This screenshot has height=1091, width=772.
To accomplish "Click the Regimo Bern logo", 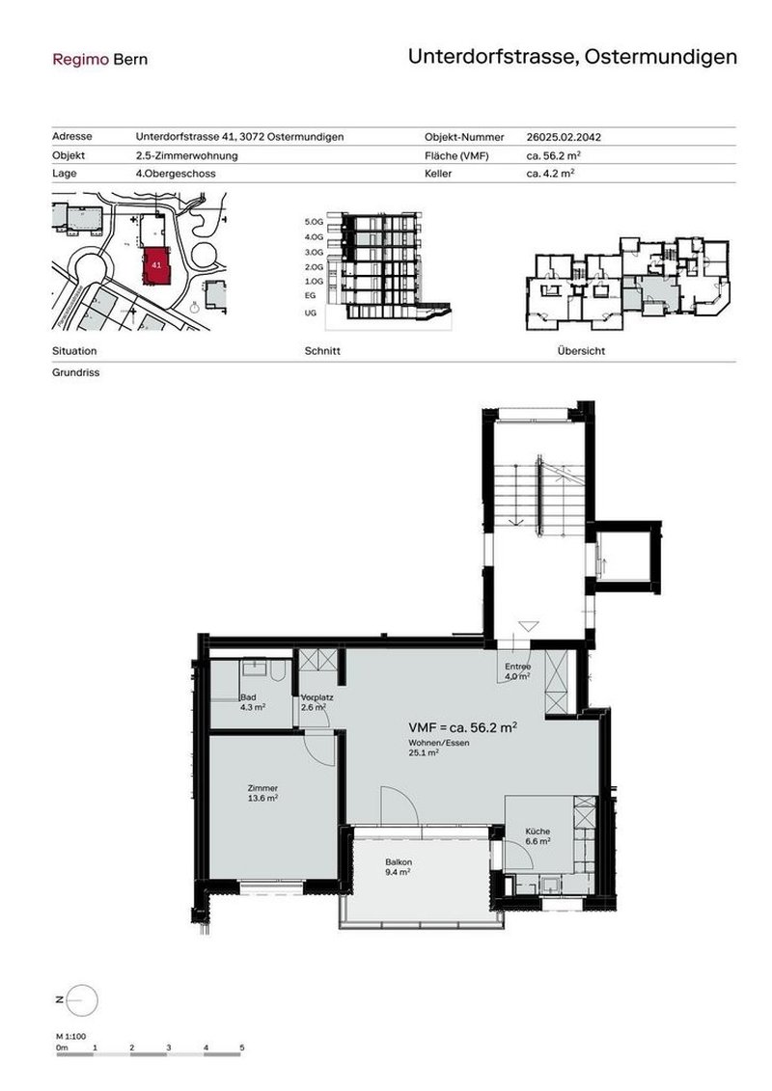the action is pyautogui.click(x=100, y=60).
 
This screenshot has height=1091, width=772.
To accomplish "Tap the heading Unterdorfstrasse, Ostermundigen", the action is pyautogui.click(x=572, y=56).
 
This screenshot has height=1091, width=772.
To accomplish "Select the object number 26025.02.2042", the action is pyautogui.click(x=564, y=137).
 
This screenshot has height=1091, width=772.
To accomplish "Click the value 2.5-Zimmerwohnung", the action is pyautogui.click(x=186, y=156).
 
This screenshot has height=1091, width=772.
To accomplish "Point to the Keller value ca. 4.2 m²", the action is pyautogui.click(x=550, y=174).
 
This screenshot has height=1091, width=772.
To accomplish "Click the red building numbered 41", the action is pyautogui.click(x=156, y=265).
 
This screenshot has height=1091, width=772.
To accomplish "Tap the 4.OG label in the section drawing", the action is pyautogui.click(x=314, y=237).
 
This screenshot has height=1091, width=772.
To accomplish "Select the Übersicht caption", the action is pyautogui.click(x=581, y=351).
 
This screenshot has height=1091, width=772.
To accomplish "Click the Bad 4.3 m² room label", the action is pyautogui.click(x=253, y=702).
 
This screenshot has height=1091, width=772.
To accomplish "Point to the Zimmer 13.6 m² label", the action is pyautogui.click(x=262, y=793).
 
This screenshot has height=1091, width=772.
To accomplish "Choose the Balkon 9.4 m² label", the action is pyautogui.click(x=399, y=867).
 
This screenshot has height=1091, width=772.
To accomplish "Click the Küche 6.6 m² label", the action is pyautogui.click(x=538, y=835).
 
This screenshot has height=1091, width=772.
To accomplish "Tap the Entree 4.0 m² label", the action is pyautogui.click(x=518, y=671).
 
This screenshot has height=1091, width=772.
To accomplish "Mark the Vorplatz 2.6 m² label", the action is pyautogui.click(x=317, y=702).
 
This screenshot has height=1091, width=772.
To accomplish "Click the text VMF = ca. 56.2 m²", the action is pyautogui.click(x=463, y=727).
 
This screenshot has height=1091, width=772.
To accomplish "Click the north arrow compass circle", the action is pyautogui.click(x=83, y=1000).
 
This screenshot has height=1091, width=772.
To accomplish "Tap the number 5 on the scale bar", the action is pyautogui.click(x=242, y=1048).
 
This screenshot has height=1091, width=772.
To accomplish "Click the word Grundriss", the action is pyautogui.click(x=76, y=373).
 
